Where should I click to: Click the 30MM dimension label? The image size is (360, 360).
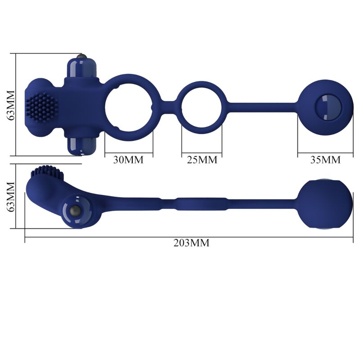(x=129, y=160)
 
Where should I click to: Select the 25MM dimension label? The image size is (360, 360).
(x=202, y=160)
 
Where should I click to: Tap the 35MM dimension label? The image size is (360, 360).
(x=325, y=160)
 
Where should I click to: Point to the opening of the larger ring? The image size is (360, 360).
(x=129, y=104)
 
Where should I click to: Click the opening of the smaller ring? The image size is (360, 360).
(x=202, y=104)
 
